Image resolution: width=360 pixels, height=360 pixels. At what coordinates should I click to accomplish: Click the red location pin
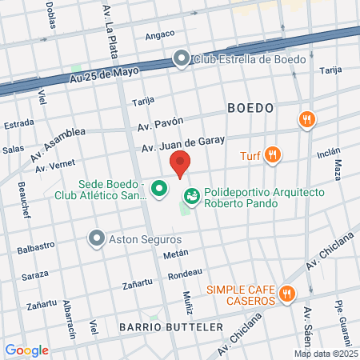(181, 162)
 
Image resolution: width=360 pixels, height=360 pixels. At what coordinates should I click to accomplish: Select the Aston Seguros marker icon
(97, 238)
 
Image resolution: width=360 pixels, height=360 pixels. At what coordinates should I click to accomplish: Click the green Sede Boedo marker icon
(159, 189)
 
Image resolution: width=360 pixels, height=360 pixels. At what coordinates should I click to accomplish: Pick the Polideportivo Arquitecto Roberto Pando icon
(193, 194)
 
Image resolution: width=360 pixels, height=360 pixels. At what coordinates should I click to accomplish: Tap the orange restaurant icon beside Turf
(274, 154)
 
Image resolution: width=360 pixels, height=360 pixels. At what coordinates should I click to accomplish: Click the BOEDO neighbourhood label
(250, 107)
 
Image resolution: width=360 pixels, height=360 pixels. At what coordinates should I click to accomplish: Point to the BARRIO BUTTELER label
(159, 327)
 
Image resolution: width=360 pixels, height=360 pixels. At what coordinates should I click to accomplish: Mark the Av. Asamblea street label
(59, 142)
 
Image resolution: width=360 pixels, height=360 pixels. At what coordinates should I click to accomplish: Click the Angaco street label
(161, 36)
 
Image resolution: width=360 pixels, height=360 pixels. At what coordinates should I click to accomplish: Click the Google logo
(26, 350)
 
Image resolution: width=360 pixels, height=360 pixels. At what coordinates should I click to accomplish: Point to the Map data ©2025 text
(325, 354)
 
